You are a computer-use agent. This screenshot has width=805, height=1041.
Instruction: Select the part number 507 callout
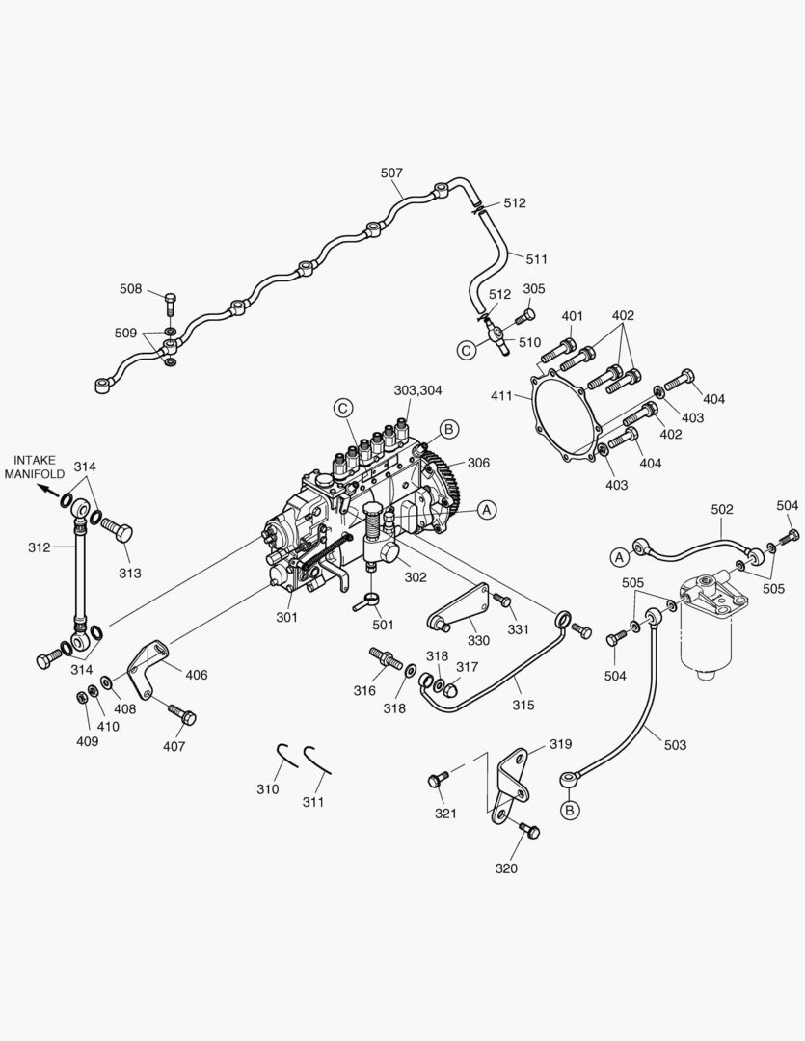[391, 173]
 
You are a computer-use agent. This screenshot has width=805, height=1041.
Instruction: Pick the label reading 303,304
[417, 390]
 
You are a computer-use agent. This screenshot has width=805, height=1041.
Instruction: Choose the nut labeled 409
[79, 698]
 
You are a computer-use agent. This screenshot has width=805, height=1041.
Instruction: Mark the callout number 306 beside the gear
[479, 463]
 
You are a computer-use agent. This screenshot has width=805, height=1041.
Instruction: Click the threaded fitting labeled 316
[386, 660]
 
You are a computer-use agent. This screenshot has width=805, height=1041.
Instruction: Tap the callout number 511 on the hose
[536, 258]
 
